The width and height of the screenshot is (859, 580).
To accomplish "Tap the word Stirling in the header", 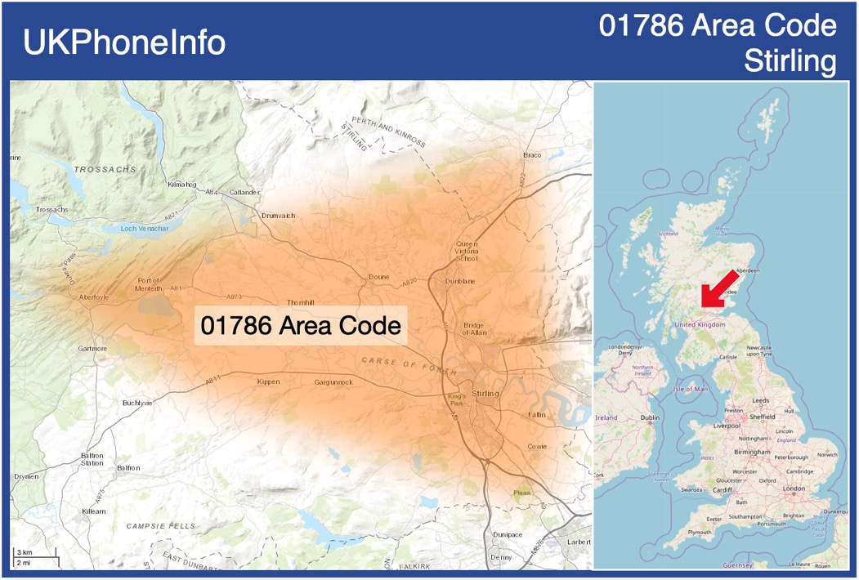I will pos(791,60).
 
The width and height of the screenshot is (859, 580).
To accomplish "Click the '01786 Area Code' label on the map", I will pos(301,326).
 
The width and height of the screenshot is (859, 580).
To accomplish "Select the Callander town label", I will pos(244,193).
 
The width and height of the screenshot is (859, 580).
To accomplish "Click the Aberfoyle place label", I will pos(94,297).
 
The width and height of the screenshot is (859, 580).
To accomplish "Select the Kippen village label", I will pos(268,381).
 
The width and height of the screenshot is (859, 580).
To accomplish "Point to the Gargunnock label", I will pos(333,382).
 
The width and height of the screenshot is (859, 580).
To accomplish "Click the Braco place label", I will pos(532,155).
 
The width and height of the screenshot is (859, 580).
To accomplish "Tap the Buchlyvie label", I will pos(137,404).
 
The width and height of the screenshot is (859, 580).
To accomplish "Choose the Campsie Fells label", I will pos(160,527).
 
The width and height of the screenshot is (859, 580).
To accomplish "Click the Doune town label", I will pos(378,277).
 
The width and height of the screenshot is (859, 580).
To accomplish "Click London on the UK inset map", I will pos(794,489).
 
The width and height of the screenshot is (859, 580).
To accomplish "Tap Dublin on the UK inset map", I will pos(650,417).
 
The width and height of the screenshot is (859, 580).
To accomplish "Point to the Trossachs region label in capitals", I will pos(105,169).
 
